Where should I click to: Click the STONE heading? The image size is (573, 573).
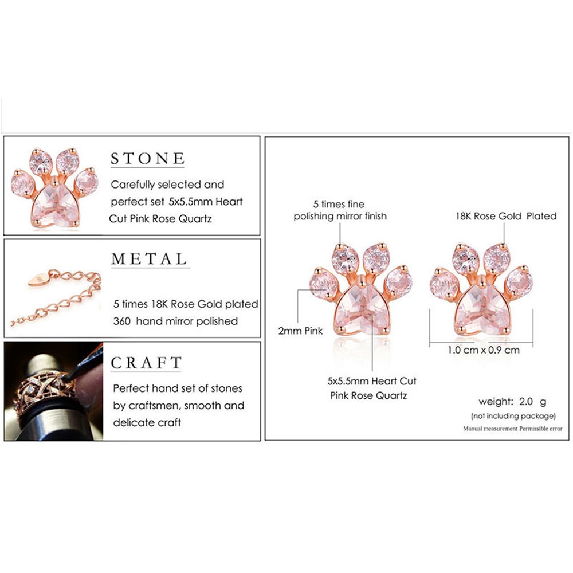point(147,159)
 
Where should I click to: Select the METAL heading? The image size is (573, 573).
point(149,258)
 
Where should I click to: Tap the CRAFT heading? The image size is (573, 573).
point(146,363)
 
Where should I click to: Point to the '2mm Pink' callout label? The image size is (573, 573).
point(301,331)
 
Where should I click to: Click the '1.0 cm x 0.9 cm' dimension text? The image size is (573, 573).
point(484,350)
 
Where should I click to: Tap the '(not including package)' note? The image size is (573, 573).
point(513,415)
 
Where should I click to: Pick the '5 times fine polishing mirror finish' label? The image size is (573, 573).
point(340,210)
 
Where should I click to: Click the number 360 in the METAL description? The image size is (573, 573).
point(123,321)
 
